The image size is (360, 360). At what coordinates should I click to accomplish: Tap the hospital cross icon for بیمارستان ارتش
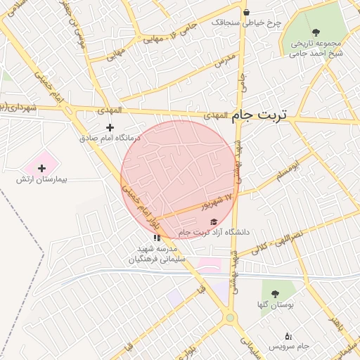click(x=41, y=167)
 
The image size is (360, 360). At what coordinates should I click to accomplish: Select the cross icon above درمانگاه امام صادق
click(x=109, y=127)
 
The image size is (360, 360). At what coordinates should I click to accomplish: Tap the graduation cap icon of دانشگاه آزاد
click(x=214, y=222)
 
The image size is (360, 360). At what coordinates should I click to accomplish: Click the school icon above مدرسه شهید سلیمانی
click(x=157, y=238)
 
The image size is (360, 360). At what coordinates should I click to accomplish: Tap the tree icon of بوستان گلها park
click(x=274, y=294)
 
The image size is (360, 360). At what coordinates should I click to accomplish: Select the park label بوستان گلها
click(x=275, y=305)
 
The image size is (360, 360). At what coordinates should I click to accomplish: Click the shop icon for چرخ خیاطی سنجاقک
click(x=246, y=12)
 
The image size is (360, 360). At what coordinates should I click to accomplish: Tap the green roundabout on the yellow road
click(x=230, y=319)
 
